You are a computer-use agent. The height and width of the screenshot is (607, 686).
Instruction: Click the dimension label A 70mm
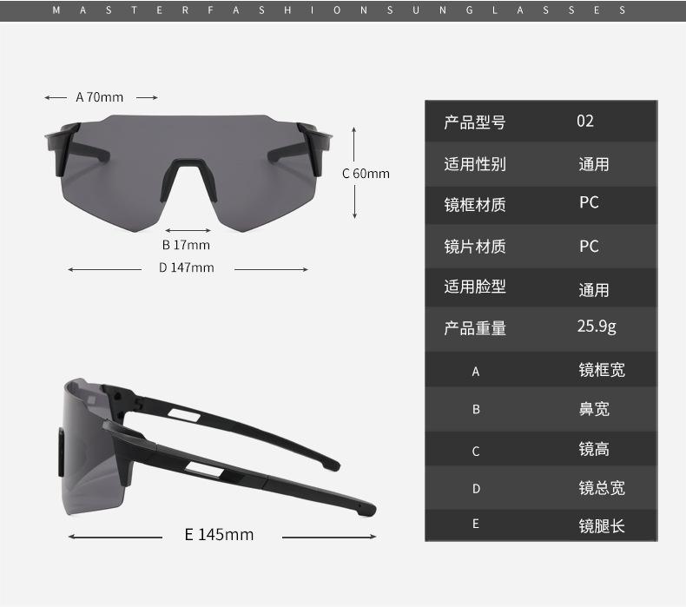(x=100, y=97)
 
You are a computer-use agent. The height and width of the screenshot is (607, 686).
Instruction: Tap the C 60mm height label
(x=366, y=173)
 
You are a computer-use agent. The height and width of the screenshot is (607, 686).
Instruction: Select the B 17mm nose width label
(x=186, y=245)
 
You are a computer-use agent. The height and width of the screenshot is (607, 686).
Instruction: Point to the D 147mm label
(x=186, y=267)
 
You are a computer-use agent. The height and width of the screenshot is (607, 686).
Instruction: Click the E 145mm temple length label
(x=219, y=534)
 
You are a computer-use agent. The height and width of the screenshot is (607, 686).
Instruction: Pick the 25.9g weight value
(x=597, y=327)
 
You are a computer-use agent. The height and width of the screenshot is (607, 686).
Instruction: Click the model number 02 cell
(x=585, y=121)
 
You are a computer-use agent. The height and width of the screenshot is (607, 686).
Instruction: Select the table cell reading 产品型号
(x=474, y=122)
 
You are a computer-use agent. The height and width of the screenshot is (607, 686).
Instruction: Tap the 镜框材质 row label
(x=474, y=205)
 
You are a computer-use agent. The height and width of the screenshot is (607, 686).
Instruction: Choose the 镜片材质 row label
(x=474, y=247)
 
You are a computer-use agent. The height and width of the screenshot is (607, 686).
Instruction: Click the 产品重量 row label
(x=474, y=328)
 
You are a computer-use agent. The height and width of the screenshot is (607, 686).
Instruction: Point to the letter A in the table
(x=476, y=372)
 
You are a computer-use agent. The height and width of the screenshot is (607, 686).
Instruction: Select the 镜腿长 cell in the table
(x=602, y=525)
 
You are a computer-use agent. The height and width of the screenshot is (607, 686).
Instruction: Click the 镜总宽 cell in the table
(x=602, y=487)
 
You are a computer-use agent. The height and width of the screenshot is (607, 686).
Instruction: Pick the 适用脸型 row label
(x=474, y=287)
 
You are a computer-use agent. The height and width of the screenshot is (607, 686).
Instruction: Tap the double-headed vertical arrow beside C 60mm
(x=355, y=173)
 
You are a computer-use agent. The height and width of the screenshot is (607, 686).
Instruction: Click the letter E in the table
(x=476, y=524)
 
